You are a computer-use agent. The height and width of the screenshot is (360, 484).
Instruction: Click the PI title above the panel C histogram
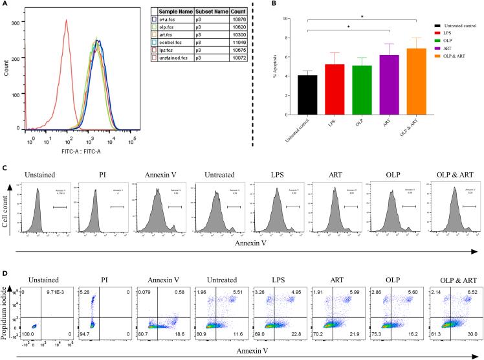pos(97,174)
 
